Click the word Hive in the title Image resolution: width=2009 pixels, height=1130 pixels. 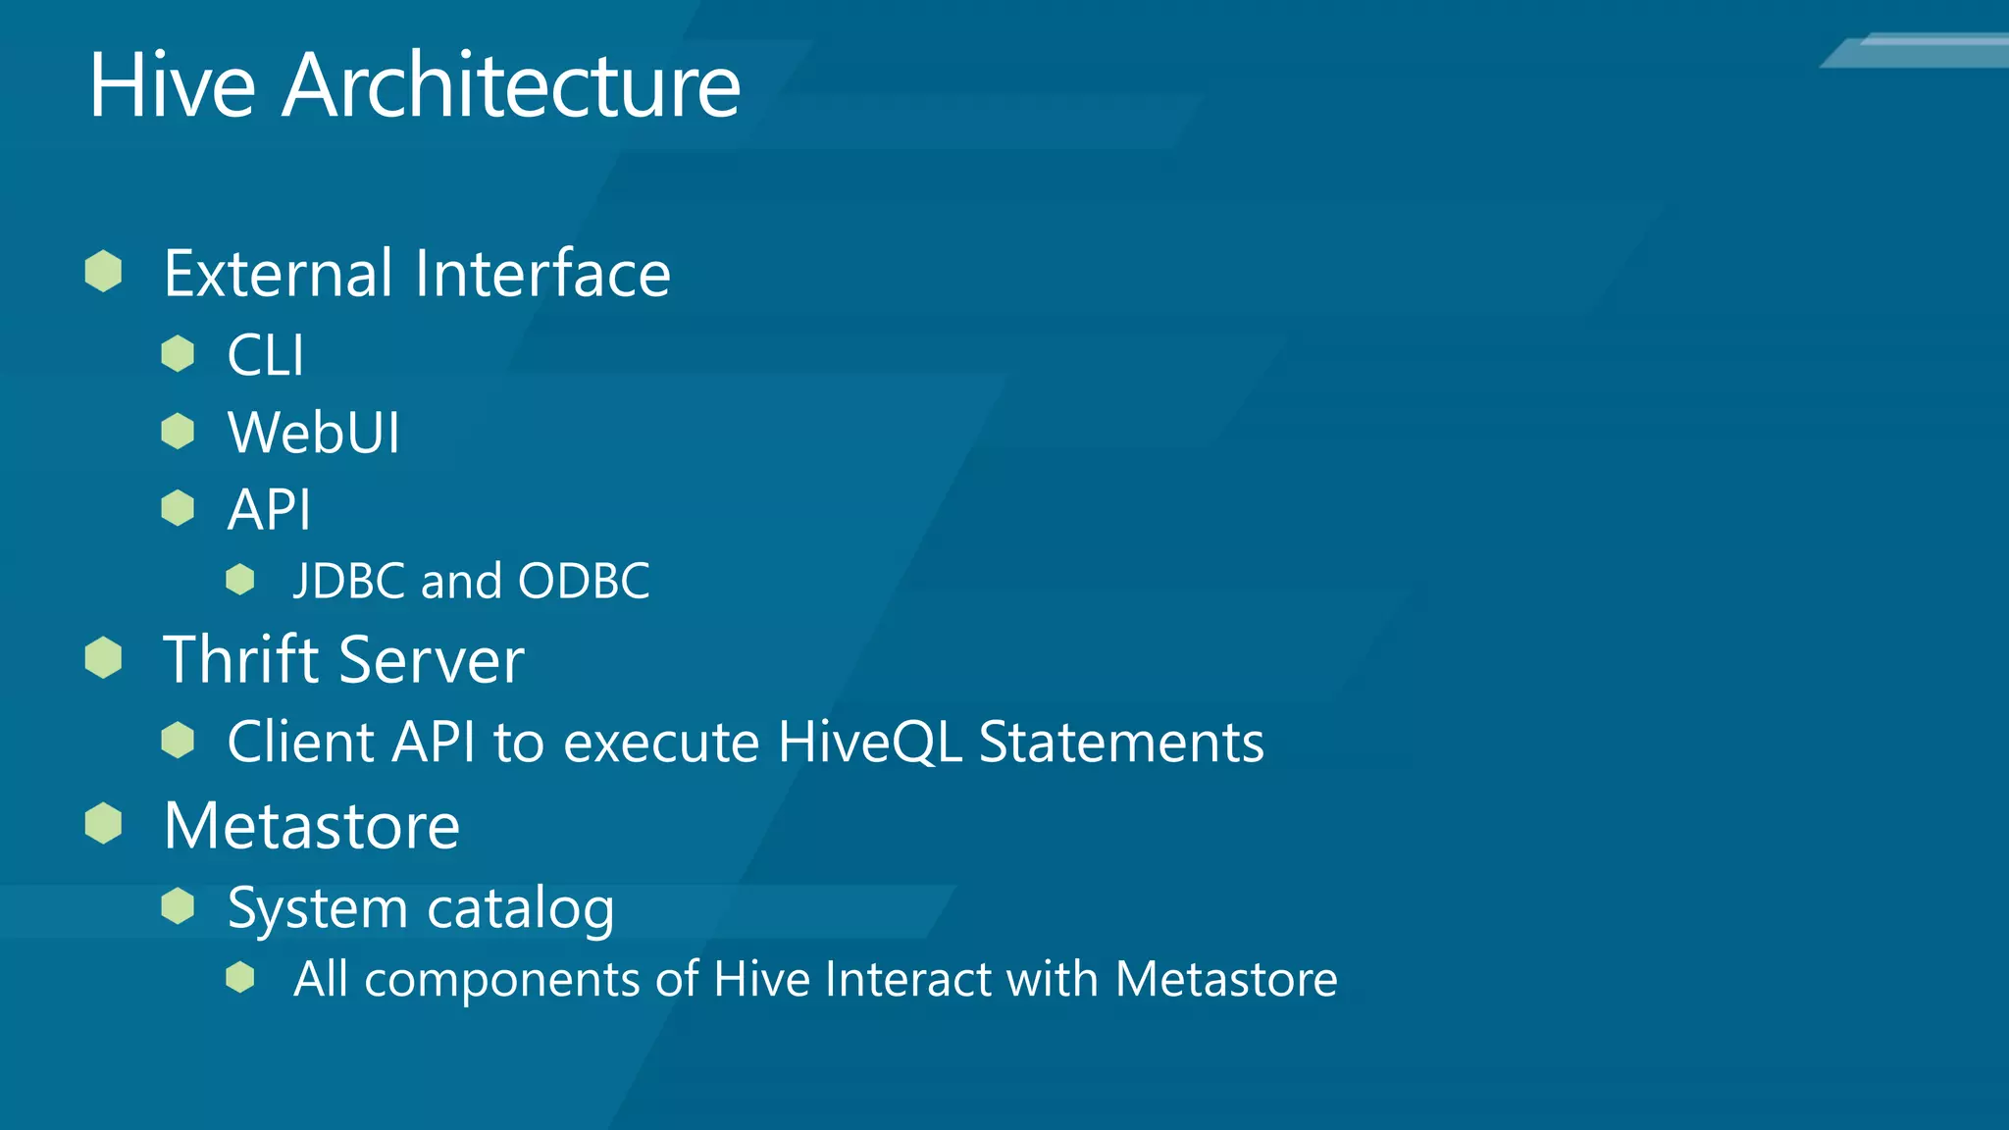(173, 86)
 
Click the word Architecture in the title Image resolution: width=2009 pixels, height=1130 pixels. (511, 86)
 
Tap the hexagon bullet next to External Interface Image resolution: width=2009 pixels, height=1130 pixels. (103, 271)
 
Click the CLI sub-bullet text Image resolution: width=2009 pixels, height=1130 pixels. (266, 355)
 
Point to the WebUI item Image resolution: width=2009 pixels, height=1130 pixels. (314, 433)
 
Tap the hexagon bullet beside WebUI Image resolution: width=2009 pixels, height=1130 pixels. (178, 431)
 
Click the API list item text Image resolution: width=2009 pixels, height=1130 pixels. (269, 510)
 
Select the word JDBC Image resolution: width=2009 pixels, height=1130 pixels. (349, 581)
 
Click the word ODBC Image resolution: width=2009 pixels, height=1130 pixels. (584, 581)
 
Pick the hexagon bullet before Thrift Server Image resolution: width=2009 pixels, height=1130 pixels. (103, 657)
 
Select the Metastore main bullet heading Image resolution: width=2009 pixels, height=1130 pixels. (311, 826)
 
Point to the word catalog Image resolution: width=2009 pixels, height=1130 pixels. (521, 909)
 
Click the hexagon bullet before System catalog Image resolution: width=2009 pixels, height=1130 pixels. (178, 905)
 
